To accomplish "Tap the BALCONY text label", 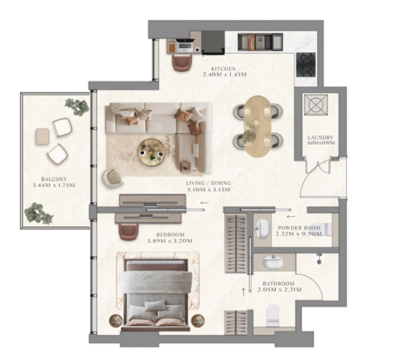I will (x=53, y=179).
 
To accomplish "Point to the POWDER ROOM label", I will (x=296, y=228).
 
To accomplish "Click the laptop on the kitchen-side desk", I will (x=183, y=45).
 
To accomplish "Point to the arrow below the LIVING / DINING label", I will (x=204, y=203).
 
